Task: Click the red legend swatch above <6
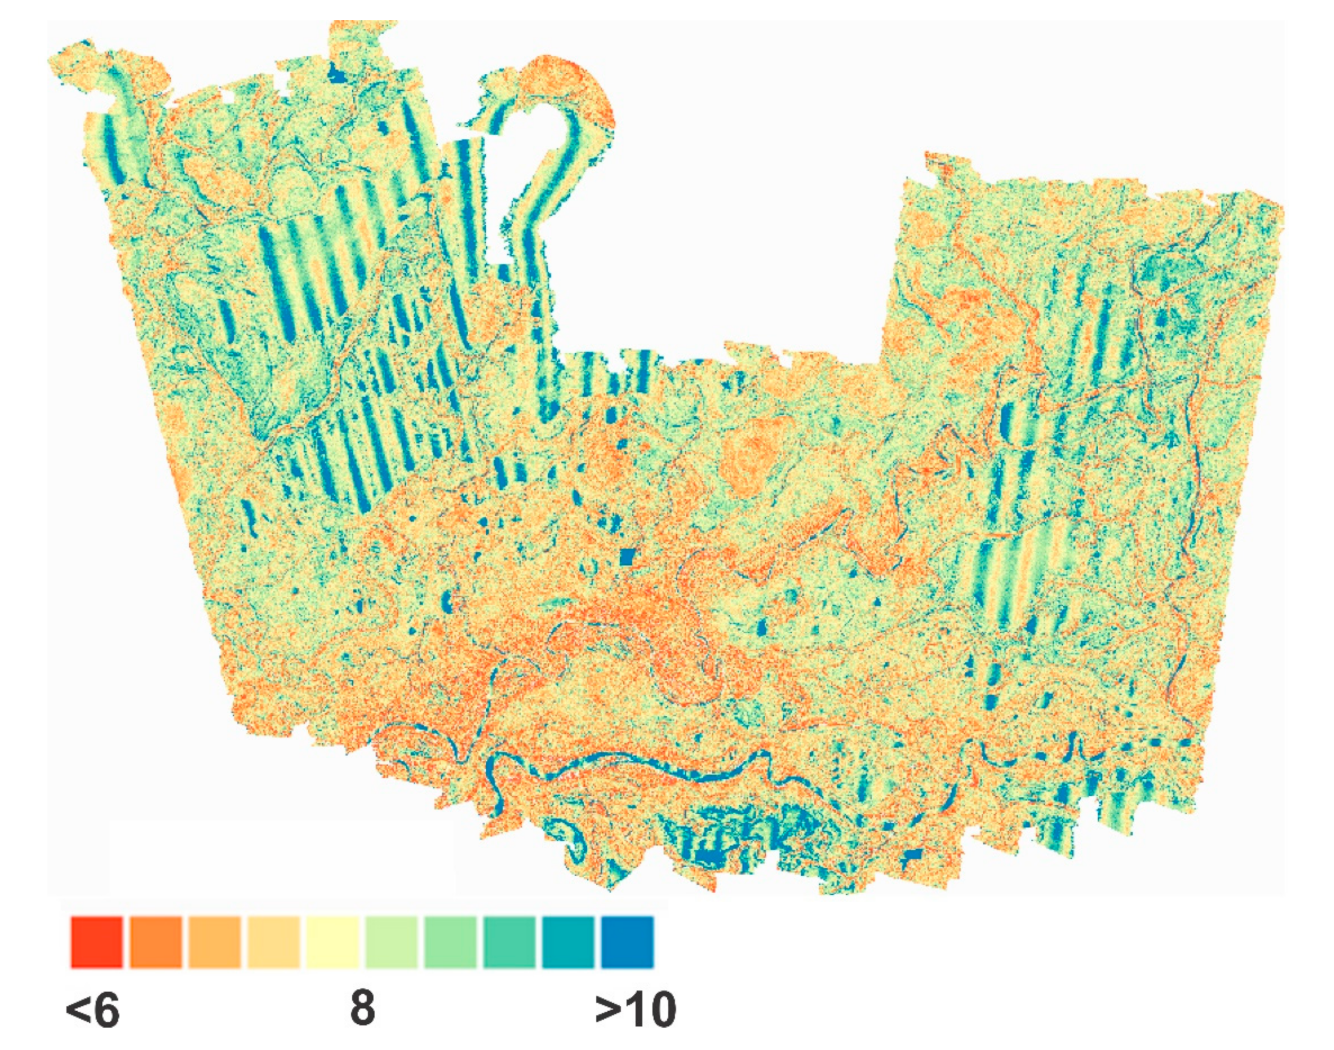click(x=97, y=942)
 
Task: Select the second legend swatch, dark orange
click(x=156, y=942)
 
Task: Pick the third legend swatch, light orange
click(x=214, y=942)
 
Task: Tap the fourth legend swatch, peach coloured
click(x=274, y=942)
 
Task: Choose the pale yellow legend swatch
click(x=332, y=942)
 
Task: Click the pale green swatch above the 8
click(x=392, y=942)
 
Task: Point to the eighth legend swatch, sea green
click(x=510, y=942)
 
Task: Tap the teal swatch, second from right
click(x=569, y=942)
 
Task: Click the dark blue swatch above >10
click(x=627, y=942)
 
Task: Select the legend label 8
click(x=362, y=1009)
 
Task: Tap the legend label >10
click(x=635, y=1009)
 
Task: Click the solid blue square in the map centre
click(x=626, y=557)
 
